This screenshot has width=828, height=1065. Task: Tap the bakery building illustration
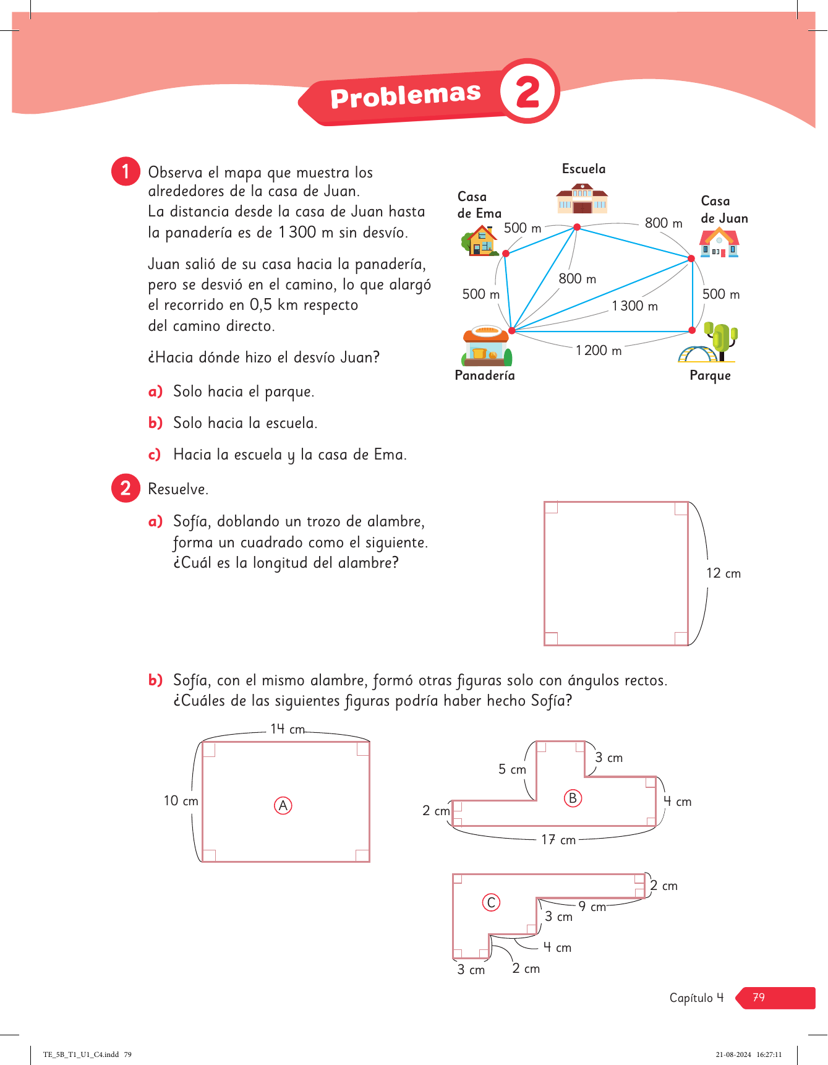(x=487, y=347)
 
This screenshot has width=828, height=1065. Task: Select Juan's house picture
(x=719, y=243)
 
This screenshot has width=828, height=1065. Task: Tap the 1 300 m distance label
(x=635, y=306)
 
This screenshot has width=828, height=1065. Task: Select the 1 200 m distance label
(x=599, y=351)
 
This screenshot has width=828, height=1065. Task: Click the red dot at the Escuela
(x=577, y=227)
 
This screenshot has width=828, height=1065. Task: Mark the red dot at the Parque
(x=692, y=330)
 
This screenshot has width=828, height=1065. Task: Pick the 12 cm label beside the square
(x=723, y=573)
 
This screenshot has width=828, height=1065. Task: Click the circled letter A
(x=283, y=805)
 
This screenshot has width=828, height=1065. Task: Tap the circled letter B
(x=573, y=798)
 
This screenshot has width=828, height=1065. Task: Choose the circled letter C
(x=491, y=902)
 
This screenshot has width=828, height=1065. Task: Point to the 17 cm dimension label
(x=558, y=840)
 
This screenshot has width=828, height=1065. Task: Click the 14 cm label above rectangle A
(x=288, y=729)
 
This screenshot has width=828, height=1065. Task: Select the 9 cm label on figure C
(x=592, y=907)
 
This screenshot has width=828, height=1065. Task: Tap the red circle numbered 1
(x=126, y=171)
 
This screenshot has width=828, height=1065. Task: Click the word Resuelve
(x=178, y=489)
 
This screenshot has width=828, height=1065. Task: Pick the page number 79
(x=759, y=998)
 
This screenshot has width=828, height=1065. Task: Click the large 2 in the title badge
(x=528, y=92)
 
